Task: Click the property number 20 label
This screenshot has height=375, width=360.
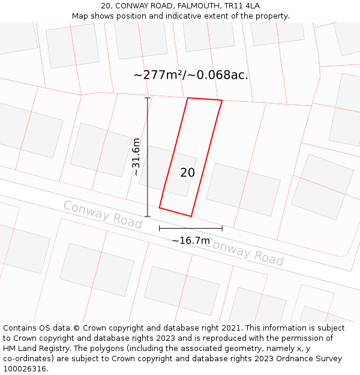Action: coord(187,173)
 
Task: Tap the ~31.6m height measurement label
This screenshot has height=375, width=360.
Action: coord(137,157)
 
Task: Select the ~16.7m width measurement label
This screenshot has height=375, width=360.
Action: coord(191,241)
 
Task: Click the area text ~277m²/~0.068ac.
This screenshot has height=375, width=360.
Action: coord(191,75)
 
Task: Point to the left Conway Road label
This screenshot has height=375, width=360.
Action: coord(103,215)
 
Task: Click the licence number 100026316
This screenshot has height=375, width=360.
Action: coord(25,369)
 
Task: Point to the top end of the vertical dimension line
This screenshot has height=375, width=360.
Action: coord(148,98)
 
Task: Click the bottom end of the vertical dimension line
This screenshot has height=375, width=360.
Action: coord(148,217)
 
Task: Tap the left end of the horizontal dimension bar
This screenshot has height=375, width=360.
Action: coord(159,228)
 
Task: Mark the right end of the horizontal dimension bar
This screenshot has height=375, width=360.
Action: coord(222,228)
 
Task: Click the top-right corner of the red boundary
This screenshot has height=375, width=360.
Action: coord(222,100)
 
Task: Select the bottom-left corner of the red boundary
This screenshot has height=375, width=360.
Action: coord(160,208)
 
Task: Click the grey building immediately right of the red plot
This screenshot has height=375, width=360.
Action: coord(243,189)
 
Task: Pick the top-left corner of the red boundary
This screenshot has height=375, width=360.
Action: coord(188,98)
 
